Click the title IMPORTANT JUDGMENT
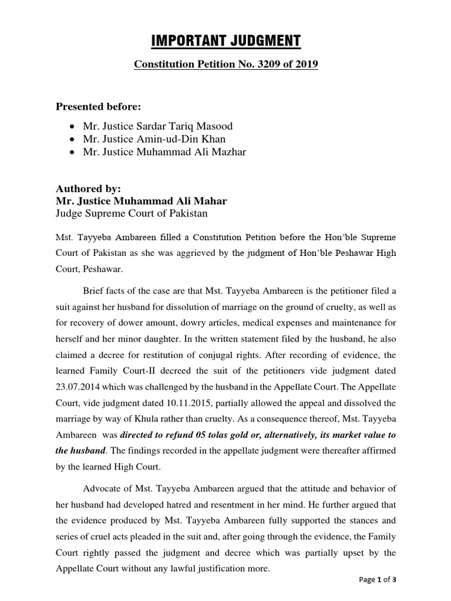(226, 40)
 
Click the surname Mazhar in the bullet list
(227, 153)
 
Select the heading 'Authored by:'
(87, 189)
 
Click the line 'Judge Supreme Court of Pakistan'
(132, 214)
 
